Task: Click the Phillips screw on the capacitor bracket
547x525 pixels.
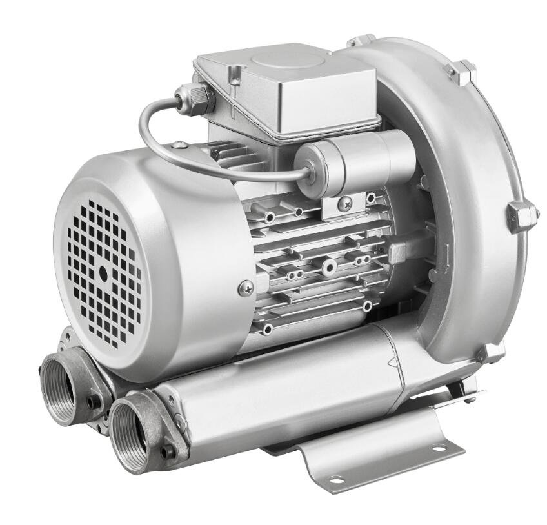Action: (345, 203)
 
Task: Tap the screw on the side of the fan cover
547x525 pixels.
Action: (245, 288)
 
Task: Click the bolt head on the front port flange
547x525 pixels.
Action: (167, 452)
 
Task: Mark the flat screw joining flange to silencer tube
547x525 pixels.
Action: (180, 423)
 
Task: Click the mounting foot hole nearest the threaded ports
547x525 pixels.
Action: (337, 480)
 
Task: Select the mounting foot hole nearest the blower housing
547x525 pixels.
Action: (439, 448)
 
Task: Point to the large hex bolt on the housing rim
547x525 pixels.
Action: (521, 215)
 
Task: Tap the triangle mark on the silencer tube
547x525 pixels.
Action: (392, 365)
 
